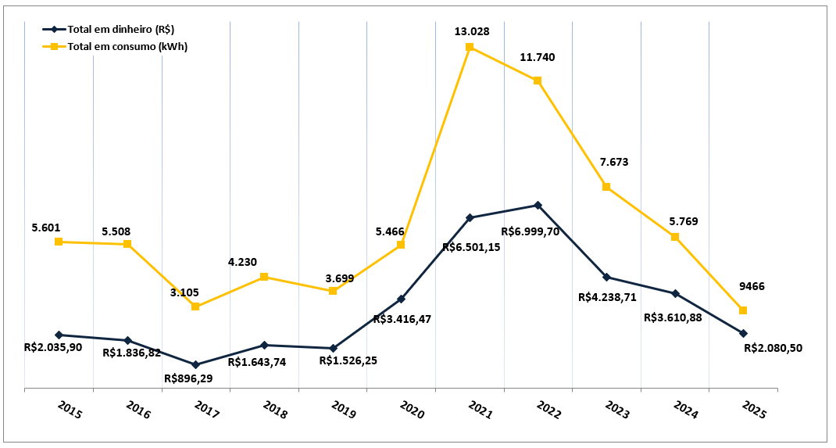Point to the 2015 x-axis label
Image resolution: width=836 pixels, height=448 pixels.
click(x=70, y=410)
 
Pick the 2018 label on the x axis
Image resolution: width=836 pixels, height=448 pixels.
click(x=276, y=410)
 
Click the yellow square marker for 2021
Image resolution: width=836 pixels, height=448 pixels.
click(x=470, y=47)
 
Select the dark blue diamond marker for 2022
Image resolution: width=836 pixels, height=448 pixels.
click(x=538, y=206)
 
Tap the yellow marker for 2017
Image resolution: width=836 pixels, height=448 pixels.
click(x=195, y=306)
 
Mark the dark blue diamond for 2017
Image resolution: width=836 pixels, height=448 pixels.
click(x=195, y=364)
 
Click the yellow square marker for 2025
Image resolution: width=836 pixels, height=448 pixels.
click(x=743, y=310)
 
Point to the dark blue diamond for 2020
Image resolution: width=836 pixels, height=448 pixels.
click(x=401, y=299)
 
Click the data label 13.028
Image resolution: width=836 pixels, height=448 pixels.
click(x=472, y=31)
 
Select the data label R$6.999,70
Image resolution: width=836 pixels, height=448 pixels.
click(x=530, y=231)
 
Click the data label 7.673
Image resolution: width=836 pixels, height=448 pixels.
click(x=613, y=163)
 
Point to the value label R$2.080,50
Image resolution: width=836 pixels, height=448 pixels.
click(x=773, y=349)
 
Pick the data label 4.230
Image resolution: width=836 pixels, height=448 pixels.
click(x=242, y=263)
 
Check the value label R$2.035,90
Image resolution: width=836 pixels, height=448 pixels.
click(x=53, y=347)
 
